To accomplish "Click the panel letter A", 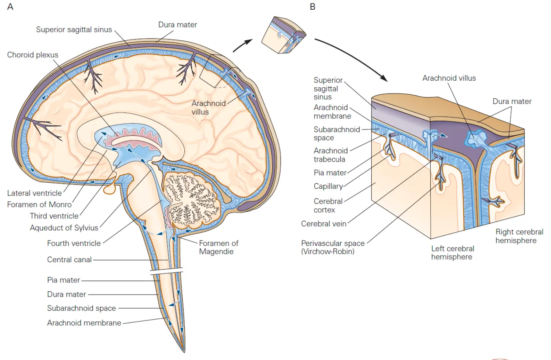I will [10, 7].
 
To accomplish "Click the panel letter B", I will [312, 7].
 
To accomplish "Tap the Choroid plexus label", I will [33, 55].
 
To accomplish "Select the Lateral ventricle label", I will [35, 193].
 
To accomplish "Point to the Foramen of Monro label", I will [39, 204].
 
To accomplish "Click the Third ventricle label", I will [54, 216].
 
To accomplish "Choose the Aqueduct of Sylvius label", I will [64, 228].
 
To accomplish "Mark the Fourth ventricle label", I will [74, 243].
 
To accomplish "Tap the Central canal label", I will [69, 260].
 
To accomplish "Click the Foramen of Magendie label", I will [218, 247].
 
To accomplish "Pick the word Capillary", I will [328, 186].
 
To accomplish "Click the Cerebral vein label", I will [324, 224].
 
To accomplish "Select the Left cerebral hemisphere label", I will [452, 253].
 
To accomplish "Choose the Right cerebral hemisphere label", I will [519, 236].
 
